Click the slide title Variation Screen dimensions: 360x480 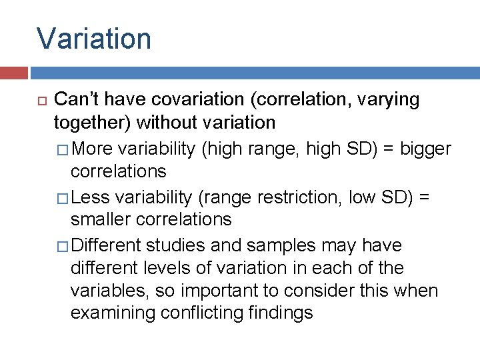(94, 39)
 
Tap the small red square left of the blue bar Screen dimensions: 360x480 (13, 73)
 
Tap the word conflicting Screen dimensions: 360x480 (212, 313)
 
